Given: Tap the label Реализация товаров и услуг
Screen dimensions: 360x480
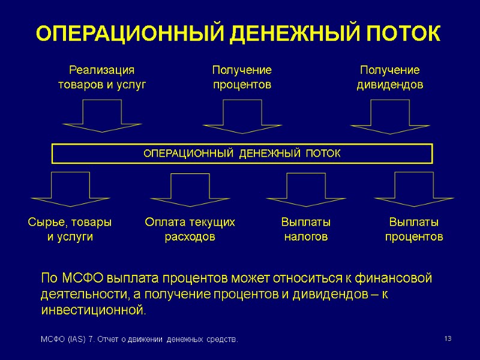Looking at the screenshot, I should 101,77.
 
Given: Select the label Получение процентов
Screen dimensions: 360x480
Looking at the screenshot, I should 242,77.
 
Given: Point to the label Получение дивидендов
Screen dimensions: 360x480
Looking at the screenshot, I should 389,77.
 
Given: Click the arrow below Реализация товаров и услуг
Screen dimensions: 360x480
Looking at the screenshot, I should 102,116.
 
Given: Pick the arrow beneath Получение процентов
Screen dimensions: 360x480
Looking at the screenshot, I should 242,116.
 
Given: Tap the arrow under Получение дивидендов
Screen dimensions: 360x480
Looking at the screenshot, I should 390,116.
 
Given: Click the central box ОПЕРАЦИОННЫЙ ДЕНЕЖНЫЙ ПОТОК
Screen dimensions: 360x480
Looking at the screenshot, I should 242,154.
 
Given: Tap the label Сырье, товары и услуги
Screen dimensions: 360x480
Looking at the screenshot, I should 70,229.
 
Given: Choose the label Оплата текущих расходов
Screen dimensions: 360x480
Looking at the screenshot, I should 190,229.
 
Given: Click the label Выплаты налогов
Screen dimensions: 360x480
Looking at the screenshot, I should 305,229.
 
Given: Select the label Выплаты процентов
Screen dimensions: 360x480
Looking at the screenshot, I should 414,229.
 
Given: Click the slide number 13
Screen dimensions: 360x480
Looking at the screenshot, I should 447,340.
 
